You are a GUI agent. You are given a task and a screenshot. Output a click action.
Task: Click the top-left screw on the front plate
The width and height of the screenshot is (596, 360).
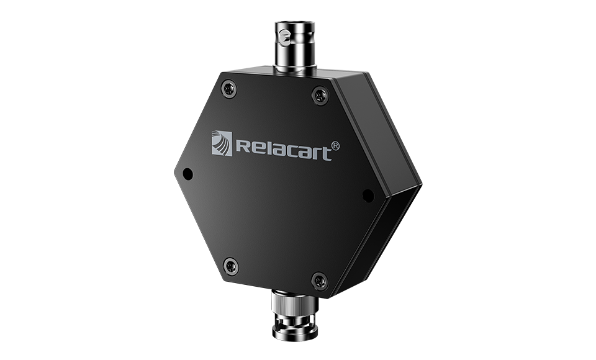pos(229,89)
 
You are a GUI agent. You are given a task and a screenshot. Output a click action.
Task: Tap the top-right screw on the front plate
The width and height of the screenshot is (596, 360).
pos(320,95)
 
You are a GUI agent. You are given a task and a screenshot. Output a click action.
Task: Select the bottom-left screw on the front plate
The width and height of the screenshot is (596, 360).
pos(231,266)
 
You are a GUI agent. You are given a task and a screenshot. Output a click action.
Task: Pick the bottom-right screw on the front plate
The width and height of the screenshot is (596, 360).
pos(320,281)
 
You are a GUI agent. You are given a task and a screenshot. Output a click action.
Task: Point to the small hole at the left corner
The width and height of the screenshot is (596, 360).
pos(187,174)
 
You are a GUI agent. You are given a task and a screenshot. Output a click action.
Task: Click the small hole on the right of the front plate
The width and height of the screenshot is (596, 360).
pos(368,196)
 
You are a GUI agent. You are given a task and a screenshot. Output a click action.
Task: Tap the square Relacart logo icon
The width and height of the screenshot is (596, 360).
pos(222,143)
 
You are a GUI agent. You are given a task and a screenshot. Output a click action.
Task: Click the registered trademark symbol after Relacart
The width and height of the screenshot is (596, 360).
pos(335,146)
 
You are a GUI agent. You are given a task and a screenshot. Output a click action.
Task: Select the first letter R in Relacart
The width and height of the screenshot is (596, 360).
pos(243,146)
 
